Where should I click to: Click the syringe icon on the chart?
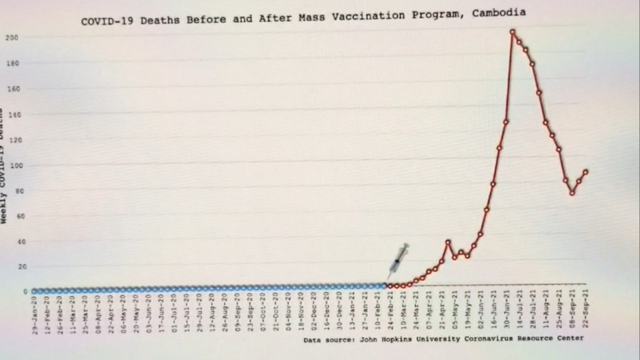[x=398, y=261]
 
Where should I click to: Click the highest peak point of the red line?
[x=512, y=31]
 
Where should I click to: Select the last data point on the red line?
[x=585, y=171]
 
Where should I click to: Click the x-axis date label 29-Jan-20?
[x=35, y=314]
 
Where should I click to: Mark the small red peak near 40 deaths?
[x=448, y=243]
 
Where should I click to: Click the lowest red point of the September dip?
[x=572, y=193]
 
